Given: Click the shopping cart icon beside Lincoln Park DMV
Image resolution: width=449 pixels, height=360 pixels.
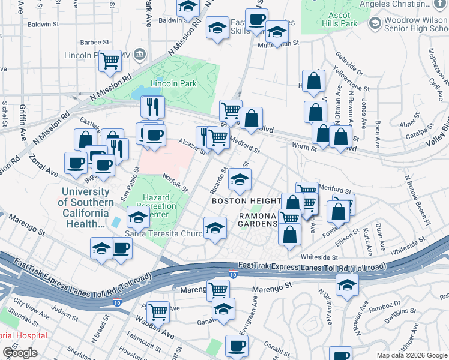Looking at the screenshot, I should pos(110,61).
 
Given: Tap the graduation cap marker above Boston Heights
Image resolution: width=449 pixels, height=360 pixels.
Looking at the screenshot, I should pos(240,179).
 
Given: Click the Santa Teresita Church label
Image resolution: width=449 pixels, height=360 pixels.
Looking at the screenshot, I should pos(163,233).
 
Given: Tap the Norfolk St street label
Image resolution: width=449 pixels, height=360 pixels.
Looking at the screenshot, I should pos(176,182).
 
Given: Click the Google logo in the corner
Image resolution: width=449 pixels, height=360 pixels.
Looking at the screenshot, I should pos(20,353).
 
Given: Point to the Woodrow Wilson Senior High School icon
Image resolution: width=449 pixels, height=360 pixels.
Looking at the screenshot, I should pos(375,23).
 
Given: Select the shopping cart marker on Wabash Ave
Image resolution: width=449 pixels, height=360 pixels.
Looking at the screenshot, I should pos(158,311).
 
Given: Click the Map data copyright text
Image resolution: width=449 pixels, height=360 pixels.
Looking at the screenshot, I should pos(411,355).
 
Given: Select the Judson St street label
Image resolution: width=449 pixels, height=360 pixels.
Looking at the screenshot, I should pos(62,310).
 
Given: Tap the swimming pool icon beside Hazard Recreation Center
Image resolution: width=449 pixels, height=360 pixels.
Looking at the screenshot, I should pos(115,222).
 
